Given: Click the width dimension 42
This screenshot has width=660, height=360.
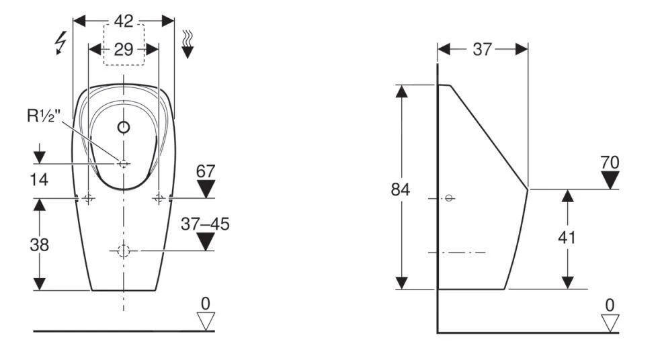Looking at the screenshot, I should [123, 21].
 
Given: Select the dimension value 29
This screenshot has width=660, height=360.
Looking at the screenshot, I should [124, 49].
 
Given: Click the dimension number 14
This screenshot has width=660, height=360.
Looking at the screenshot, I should [40, 181].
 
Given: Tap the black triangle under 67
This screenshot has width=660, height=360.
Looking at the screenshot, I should [205, 189].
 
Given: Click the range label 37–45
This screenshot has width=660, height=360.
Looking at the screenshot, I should [205, 224].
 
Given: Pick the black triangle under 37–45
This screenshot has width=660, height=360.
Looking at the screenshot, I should [205, 241].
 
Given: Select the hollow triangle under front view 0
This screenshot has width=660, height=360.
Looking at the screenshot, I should [205, 320].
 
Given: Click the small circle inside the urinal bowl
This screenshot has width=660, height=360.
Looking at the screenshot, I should [124, 126].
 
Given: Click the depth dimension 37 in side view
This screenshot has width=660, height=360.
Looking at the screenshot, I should [482, 49].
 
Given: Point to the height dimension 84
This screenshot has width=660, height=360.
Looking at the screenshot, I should [401, 189].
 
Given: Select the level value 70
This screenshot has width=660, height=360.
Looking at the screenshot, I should [610, 162].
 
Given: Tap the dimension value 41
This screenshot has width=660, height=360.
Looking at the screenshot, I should [568, 237].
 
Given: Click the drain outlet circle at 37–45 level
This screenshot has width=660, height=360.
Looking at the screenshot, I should [124, 251].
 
